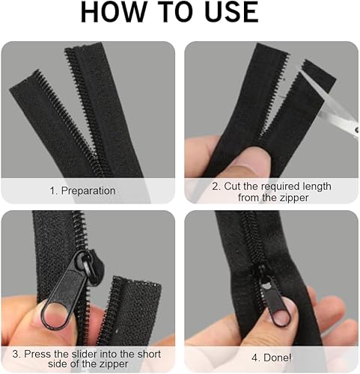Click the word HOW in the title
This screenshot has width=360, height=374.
[112, 12]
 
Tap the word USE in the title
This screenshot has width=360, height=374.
[231, 12]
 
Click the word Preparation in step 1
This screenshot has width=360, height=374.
[88, 191]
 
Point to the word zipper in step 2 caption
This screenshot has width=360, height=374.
[293, 198]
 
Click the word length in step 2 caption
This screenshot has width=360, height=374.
[317, 187]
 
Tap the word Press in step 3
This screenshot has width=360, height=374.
[38, 354]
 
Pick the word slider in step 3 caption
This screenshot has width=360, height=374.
[84, 354]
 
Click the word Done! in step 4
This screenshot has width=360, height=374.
[278, 358]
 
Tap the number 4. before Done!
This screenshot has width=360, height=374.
[256, 358]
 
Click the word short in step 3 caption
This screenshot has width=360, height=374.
[148, 354]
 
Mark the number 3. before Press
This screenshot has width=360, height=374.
[17, 354]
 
